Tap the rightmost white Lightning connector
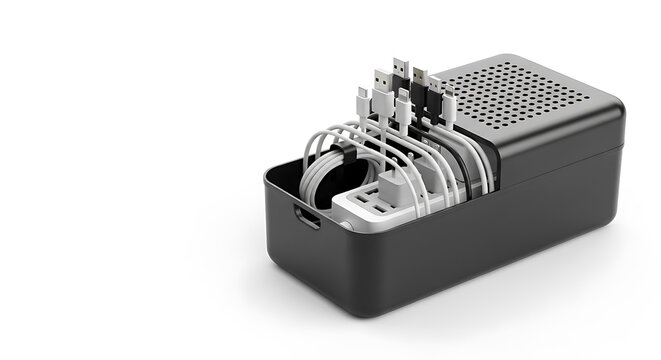(x=449, y=100)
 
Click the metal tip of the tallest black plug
(x=399, y=65)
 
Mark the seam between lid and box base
(x=560, y=161)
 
